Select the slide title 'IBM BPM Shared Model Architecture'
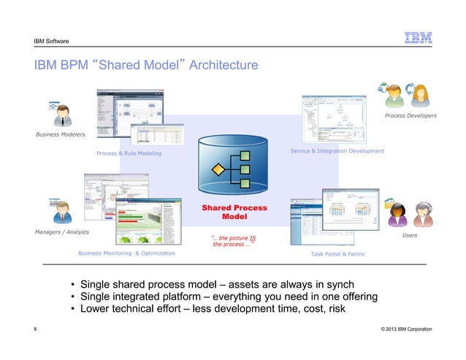click(x=146, y=66)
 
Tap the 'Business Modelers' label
click(x=60, y=135)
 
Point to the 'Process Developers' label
click(x=410, y=115)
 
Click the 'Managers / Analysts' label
click(x=61, y=231)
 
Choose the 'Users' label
click(x=410, y=236)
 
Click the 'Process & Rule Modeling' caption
click(x=129, y=153)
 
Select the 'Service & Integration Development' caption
click(x=337, y=150)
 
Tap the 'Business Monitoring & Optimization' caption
click(x=126, y=253)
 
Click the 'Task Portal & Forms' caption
click(x=337, y=253)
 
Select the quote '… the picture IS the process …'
click(x=233, y=240)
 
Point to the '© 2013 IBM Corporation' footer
click(x=406, y=330)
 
